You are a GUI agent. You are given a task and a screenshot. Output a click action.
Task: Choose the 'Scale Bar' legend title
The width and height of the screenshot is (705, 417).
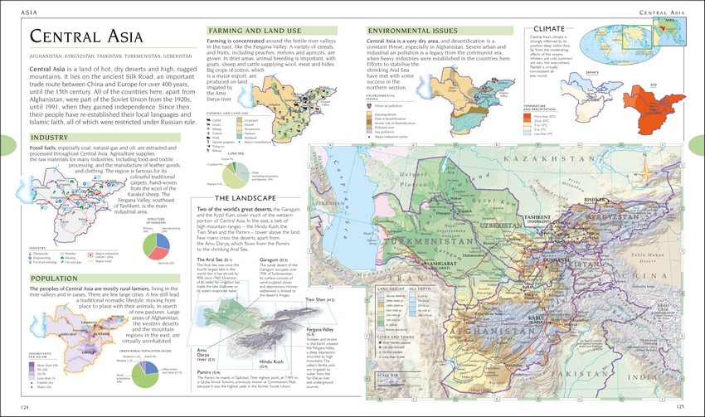[387, 375]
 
